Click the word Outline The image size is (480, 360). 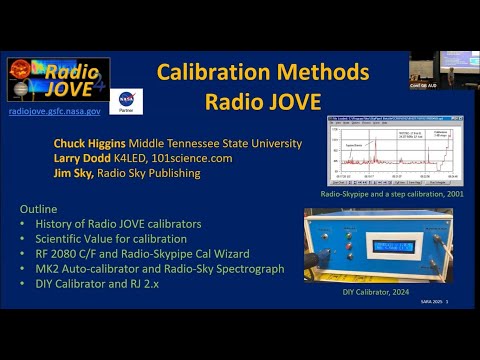39,208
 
